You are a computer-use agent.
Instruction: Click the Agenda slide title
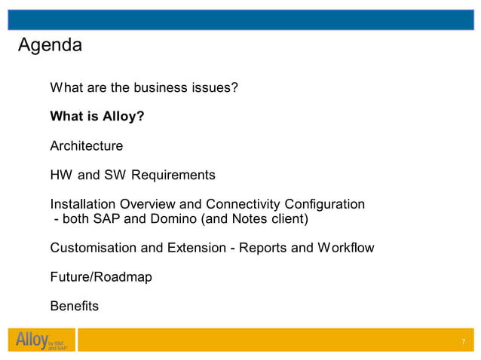(x=50, y=45)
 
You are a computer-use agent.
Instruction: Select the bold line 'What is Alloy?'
(x=97, y=117)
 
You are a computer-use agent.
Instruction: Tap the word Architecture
(x=86, y=145)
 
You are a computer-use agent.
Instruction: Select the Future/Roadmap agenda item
(x=101, y=277)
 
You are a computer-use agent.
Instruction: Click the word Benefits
(x=74, y=307)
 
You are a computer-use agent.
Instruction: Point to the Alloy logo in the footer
(x=38, y=341)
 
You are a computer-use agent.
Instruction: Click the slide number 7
(x=463, y=343)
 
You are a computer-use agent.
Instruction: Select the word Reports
(x=263, y=248)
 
